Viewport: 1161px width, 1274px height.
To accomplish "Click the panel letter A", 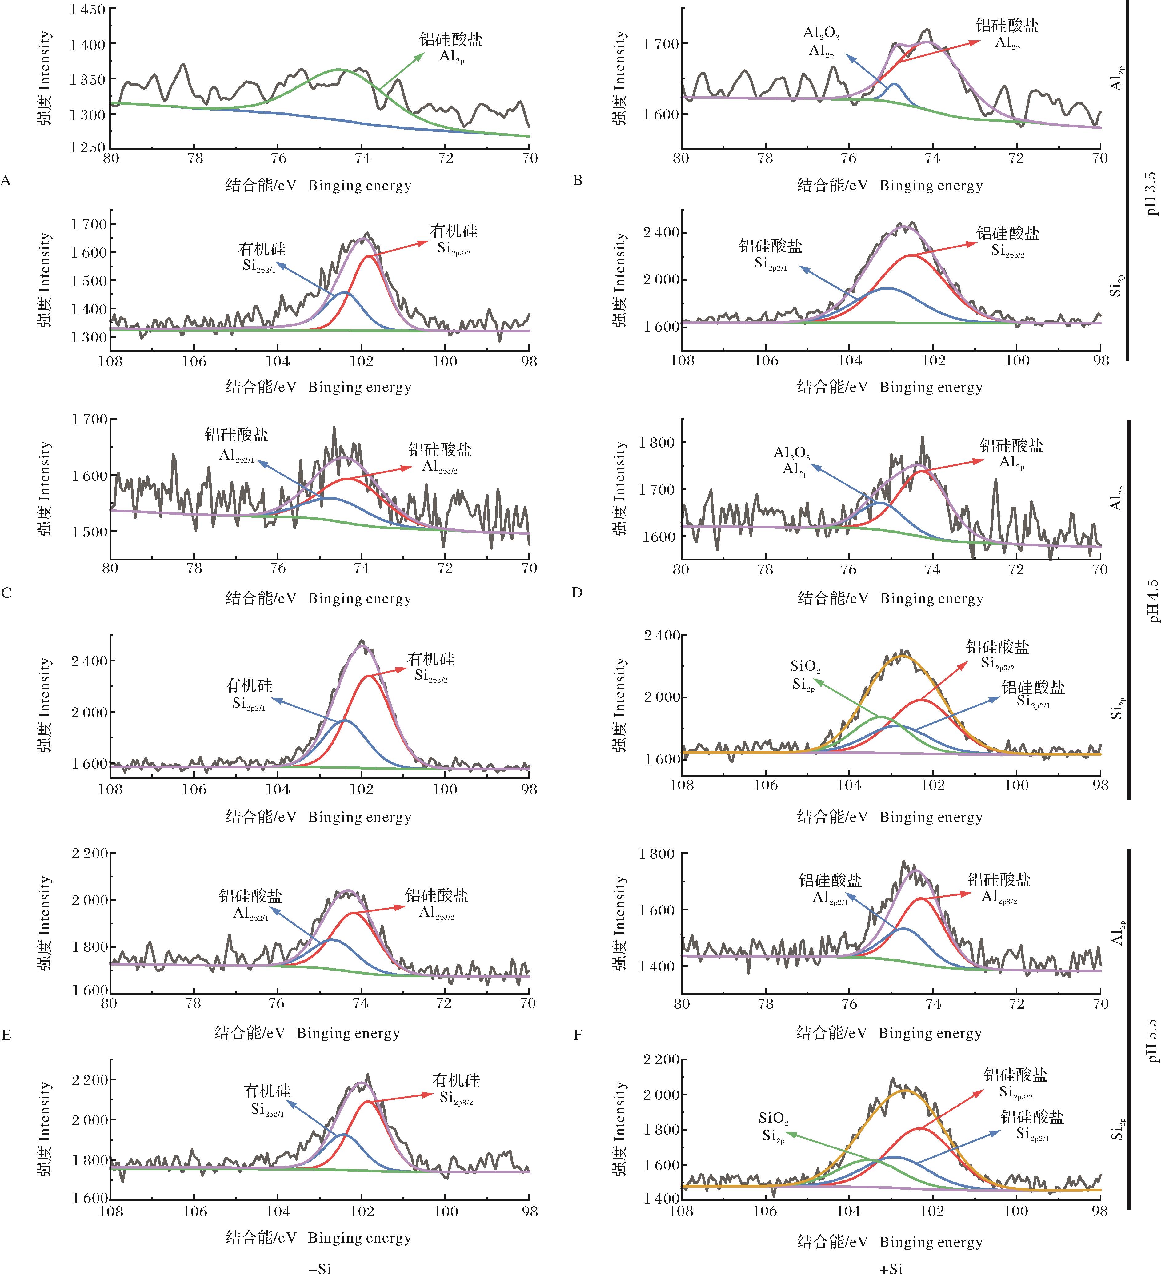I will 6,181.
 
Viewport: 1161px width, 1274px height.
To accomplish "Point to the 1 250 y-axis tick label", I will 87,147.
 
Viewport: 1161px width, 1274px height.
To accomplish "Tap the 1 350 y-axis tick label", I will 87,79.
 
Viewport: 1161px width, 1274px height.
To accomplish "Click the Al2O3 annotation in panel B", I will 821,33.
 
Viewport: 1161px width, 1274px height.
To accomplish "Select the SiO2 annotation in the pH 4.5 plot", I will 805,666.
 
